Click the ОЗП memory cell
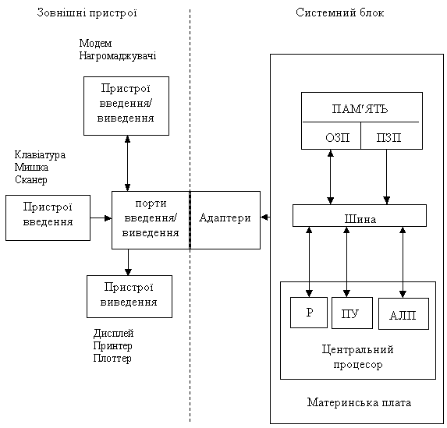[x=332, y=136]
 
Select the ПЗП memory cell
[x=392, y=136]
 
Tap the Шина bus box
[x=360, y=216]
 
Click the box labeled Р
[x=309, y=313]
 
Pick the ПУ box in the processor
[x=352, y=313]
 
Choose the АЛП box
[x=403, y=313]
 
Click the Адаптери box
[x=225, y=220]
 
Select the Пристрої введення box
[x=48, y=218]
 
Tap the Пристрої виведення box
[x=129, y=296]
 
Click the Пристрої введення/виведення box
[x=126, y=106]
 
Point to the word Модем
[x=95, y=44]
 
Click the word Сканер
[x=30, y=180]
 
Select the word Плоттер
[x=112, y=358]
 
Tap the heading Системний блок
[x=340, y=12]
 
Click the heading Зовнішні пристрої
[x=87, y=12]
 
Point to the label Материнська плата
[x=359, y=402]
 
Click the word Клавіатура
[x=40, y=155]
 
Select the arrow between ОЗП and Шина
[x=331, y=177]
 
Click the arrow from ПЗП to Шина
[x=387, y=177]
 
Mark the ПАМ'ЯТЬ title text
[x=360, y=109]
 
